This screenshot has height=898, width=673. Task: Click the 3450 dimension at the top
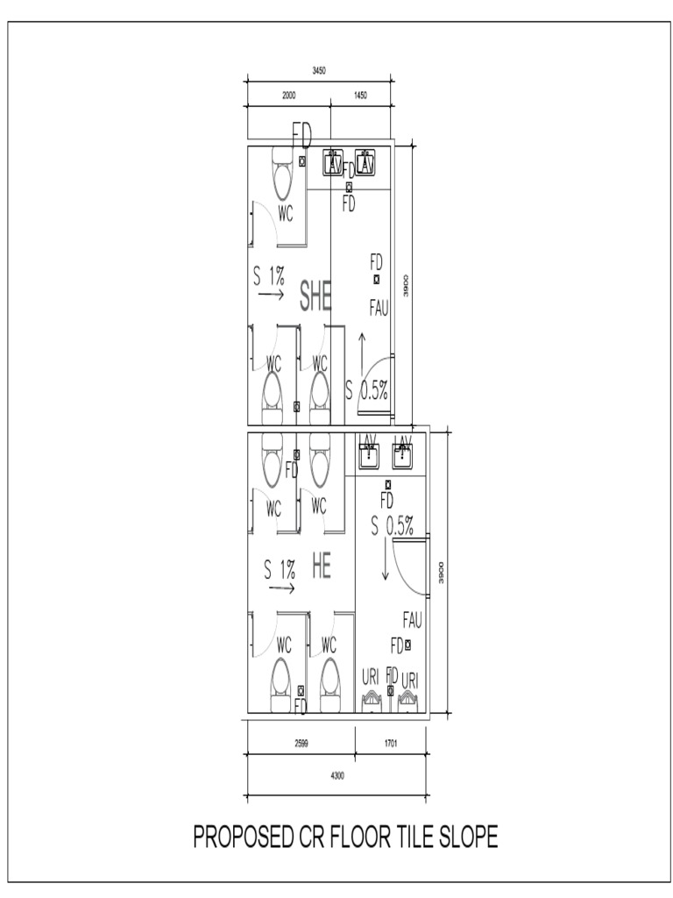pyautogui.click(x=320, y=70)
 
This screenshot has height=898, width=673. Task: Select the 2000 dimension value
pyautogui.click(x=288, y=94)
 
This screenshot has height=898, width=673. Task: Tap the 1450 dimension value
pyautogui.click(x=360, y=94)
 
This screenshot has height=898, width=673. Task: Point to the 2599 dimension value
pyautogui.click(x=300, y=743)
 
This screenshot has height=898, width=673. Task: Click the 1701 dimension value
pyautogui.click(x=391, y=743)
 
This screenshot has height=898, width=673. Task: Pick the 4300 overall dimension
pyautogui.click(x=336, y=775)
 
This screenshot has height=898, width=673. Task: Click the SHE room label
pyautogui.click(x=316, y=296)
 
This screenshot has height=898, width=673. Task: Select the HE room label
pyautogui.click(x=321, y=567)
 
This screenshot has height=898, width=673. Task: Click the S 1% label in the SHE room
pyautogui.click(x=269, y=276)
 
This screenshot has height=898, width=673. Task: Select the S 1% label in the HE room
pyautogui.click(x=280, y=569)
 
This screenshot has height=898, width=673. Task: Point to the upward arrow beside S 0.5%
pyautogui.click(x=359, y=351)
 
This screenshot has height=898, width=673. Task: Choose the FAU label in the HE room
pyautogui.click(x=412, y=620)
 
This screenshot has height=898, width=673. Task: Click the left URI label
pyautogui.click(x=372, y=678)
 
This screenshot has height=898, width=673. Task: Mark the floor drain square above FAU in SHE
pyautogui.click(x=376, y=279)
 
